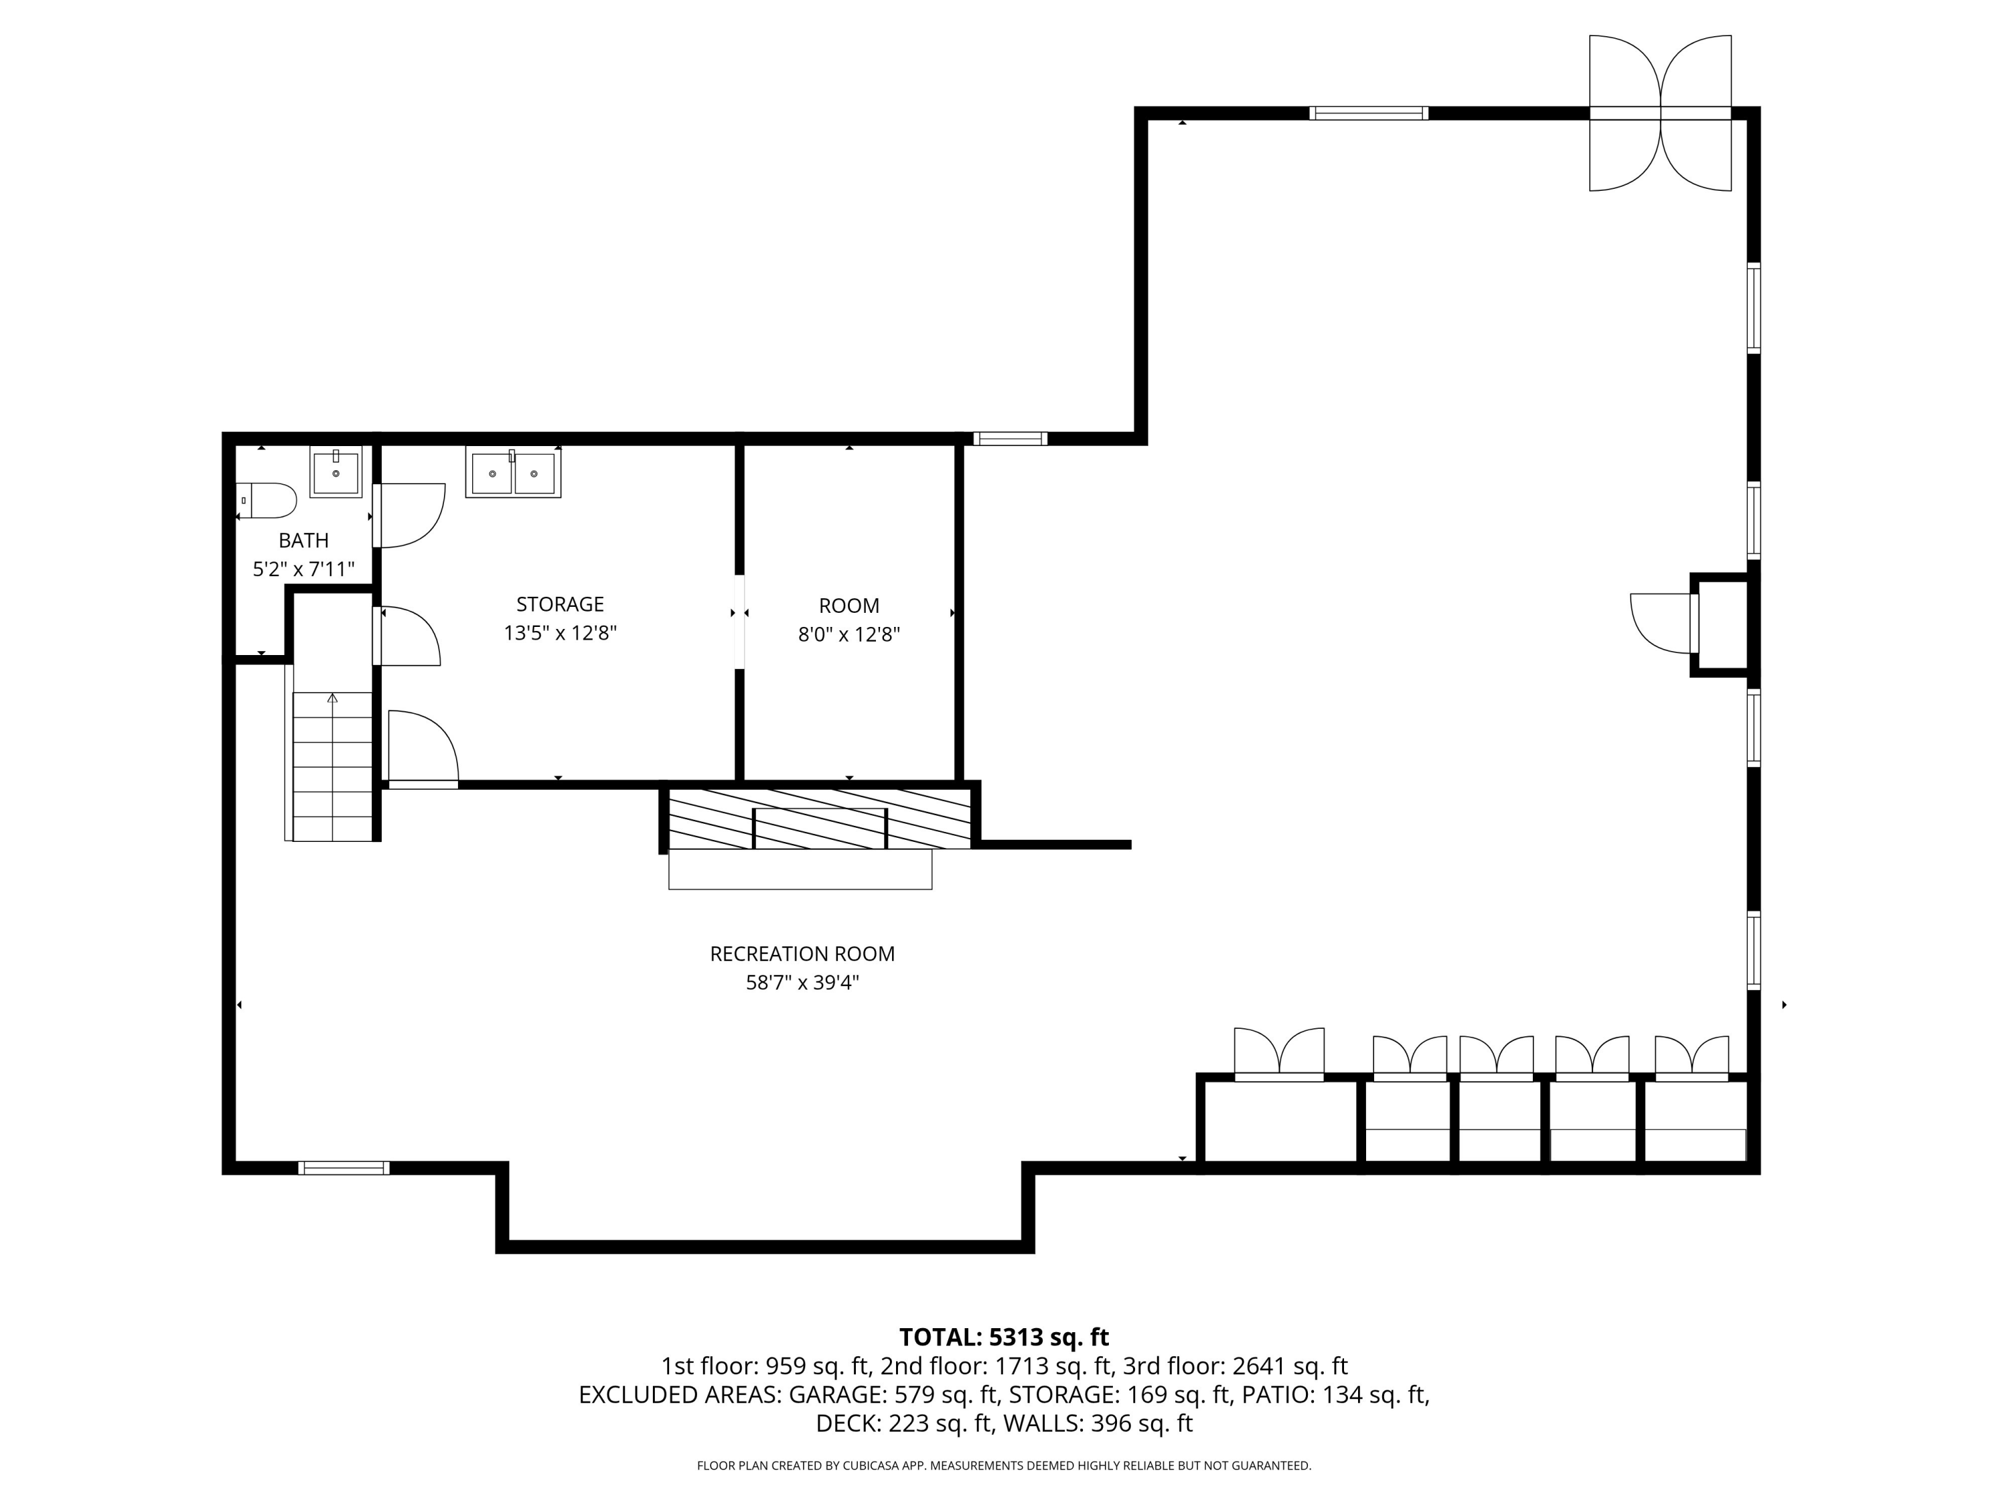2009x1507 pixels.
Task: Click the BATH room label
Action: click(x=303, y=541)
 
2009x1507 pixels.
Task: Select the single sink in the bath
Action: click(x=336, y=472)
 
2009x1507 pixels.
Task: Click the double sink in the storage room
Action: click(x=513, y=472)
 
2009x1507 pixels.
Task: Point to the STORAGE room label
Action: click(x=561, y=604)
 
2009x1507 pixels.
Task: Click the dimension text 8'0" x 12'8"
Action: click(x=849, y=634)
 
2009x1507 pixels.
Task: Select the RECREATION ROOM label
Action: click(x=803, y=954)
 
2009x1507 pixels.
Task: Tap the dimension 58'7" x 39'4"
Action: click(x=803, y=983)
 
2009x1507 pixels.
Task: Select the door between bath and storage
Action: click(x=408, y=516)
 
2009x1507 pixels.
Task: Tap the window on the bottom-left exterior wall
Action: click(x=344, y=1168)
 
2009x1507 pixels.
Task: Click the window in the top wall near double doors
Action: click(x=1369, y=114)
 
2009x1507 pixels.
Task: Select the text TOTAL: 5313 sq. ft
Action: click(x=1004, y=1337)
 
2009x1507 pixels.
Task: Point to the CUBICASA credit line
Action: click(x=1004, y=1465)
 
